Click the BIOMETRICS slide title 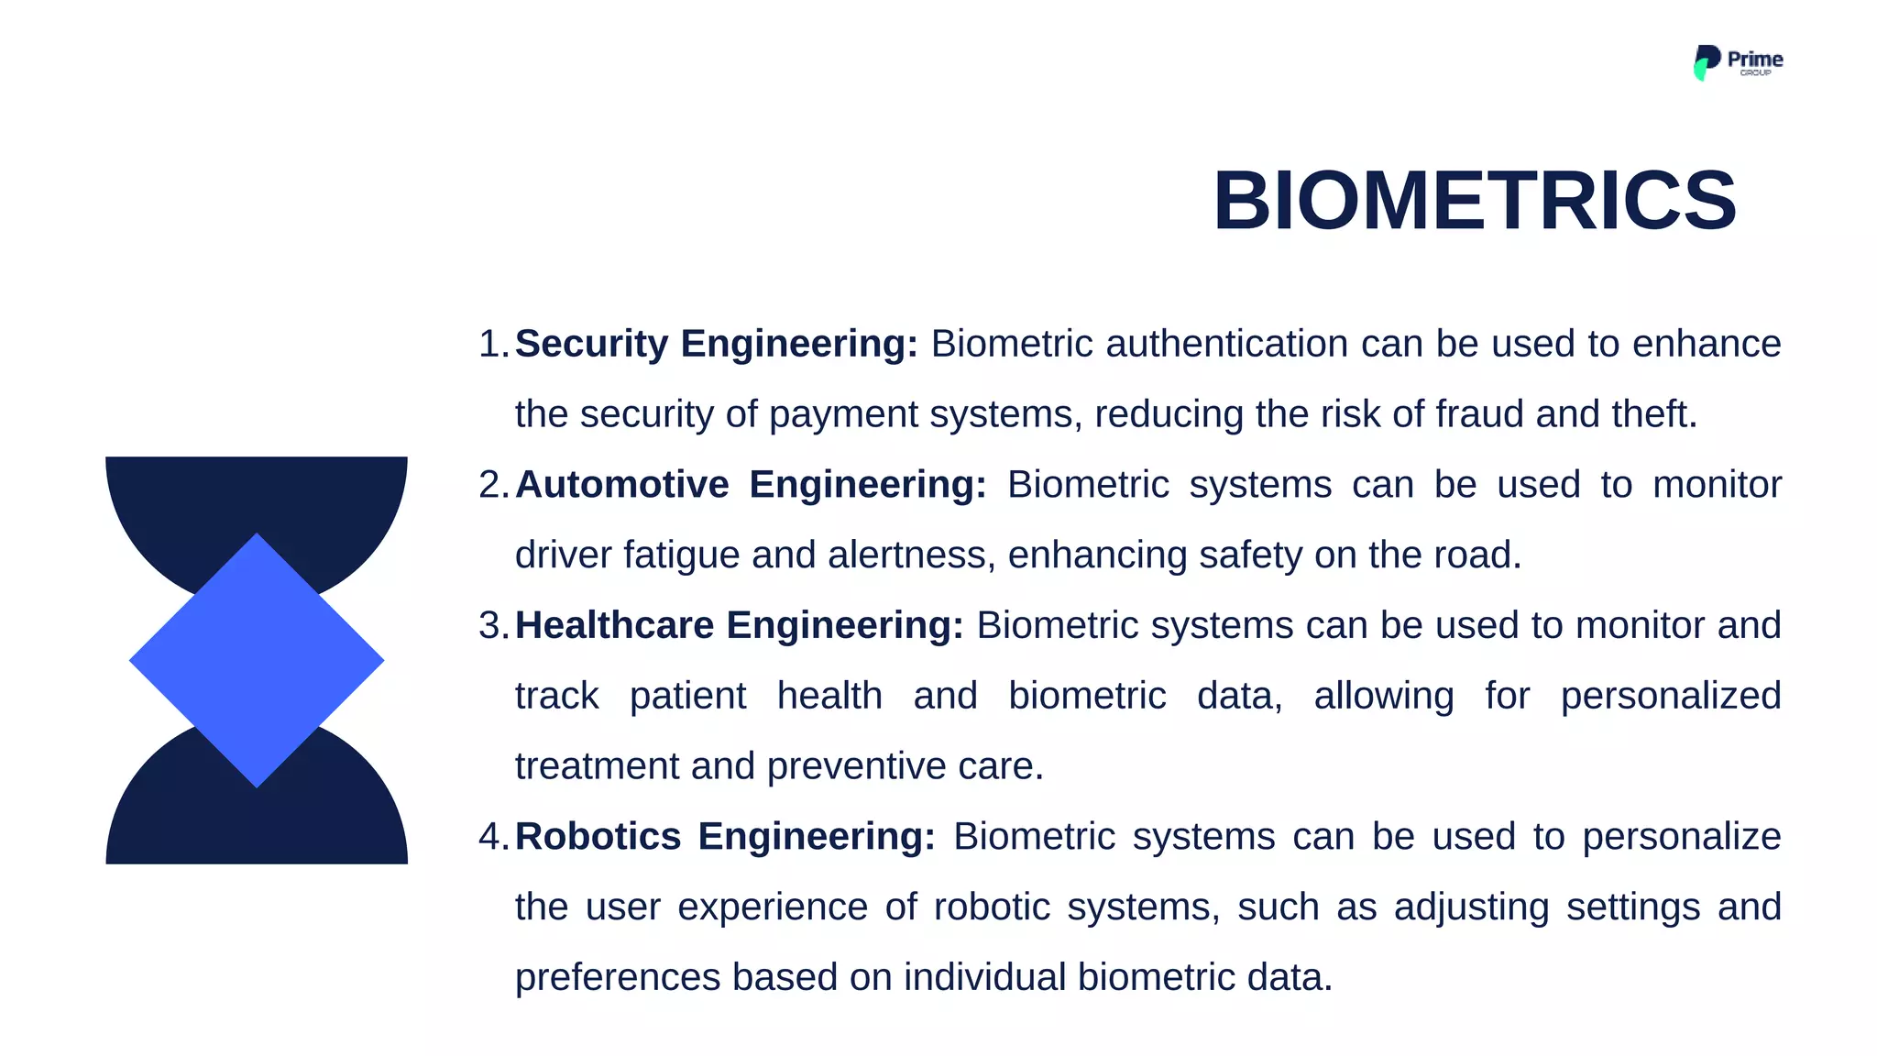click(1474, 201)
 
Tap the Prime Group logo click(1737, 62)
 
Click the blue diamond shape click(257, 660)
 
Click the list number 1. click(490, 345)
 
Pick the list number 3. click(490, 626)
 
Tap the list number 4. click(490, 837)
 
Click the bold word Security click(591, 345)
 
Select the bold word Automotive click(621, 485)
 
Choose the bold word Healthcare click(614, 626)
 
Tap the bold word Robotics click(598, 837)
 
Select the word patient click(687, 697)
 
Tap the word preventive click(856, 766)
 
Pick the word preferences click(617, 978)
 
